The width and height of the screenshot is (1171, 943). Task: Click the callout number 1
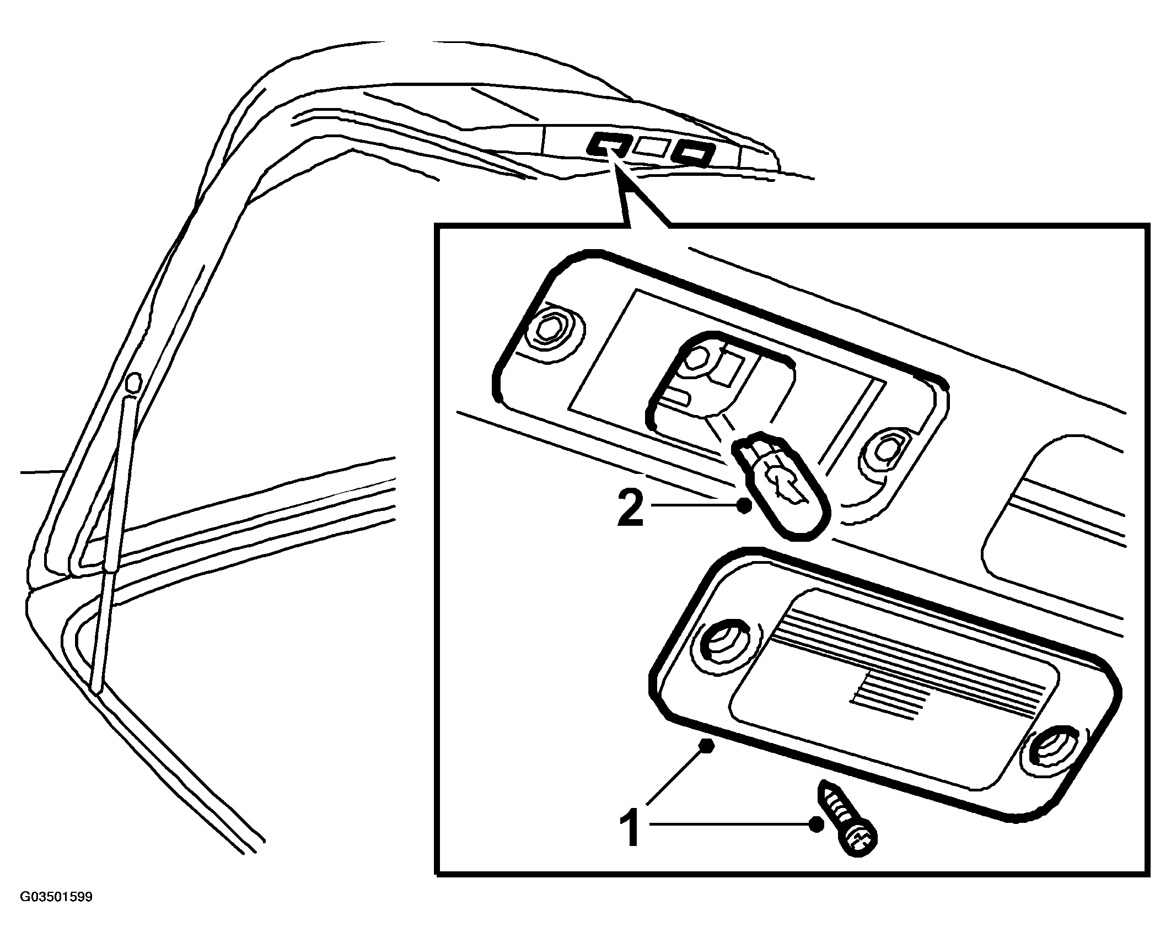click(630, 842)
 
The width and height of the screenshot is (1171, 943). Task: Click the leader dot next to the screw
click(815, 840)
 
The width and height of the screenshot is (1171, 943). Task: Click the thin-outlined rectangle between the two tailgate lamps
click(653, 147)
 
